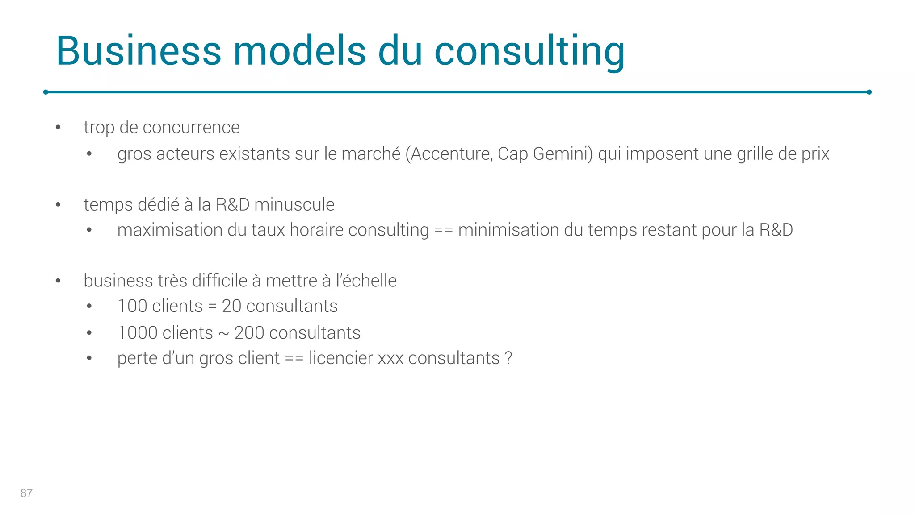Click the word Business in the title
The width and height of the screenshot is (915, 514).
coord(139,51)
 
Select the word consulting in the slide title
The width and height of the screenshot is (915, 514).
coord(529,52)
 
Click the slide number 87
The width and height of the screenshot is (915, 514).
coord(26,493)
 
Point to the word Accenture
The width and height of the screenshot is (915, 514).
coord(452,154)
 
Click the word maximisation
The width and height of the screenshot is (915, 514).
coord(170,230)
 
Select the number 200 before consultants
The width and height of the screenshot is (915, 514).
coord(249,333)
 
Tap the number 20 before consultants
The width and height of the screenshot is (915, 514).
coord(231,307)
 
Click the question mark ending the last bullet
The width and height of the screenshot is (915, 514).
coord(508,358)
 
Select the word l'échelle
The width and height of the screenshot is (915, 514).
coord(366,281)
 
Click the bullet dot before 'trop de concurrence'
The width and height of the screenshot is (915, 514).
coord(58,128)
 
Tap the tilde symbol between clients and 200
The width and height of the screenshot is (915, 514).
coord(223,334)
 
